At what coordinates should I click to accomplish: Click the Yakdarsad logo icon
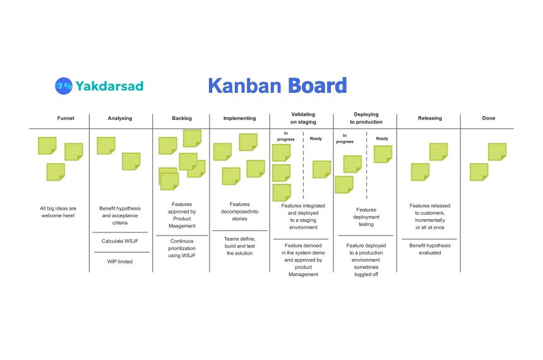click(x=64, y=86)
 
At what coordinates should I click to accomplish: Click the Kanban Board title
click(x=277, y=86)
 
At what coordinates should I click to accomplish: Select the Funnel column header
click(x=66, y=118)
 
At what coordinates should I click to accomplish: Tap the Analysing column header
click(x=120, y=118)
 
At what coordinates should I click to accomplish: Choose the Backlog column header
click(x=182, y=118)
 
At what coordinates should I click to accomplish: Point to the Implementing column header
click(x=240, y=118)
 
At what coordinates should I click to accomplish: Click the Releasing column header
click(x=430, y=118)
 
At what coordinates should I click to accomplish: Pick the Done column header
click(x=489, y=118)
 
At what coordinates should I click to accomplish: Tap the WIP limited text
click(x=120, y=261)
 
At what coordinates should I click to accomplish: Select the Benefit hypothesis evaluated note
click(x=430, y=249)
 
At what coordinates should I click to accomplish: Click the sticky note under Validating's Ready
click(x=321, y=169)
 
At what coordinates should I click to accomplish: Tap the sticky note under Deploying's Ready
click(x=383, y=154)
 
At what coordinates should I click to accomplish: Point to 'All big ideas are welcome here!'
click(x=57, y=212)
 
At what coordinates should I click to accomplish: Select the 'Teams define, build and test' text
click(x=239, y=246)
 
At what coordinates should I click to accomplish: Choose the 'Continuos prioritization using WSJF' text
click(x=183, y=248)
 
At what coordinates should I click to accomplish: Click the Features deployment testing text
click(x=366, y=217)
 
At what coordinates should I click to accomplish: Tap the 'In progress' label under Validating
click(x=286, y=136)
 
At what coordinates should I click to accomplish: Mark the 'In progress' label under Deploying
click(x=345, y=138)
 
